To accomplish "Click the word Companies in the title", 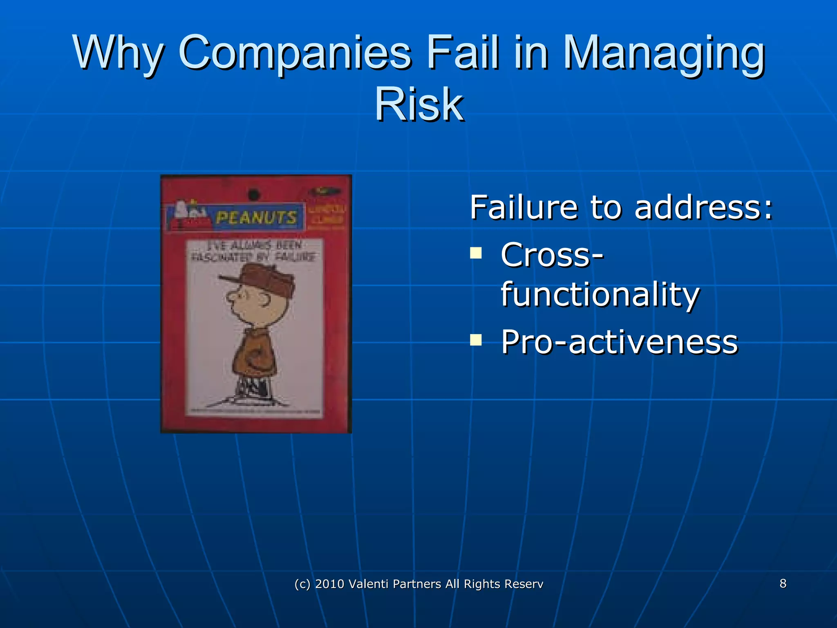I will (x=295, y=53).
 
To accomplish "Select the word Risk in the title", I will (x=419, y=105).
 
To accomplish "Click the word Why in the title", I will (x=119, y=53).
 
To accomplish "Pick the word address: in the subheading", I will (x=703, y=207).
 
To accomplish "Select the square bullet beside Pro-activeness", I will (x=476, y=340).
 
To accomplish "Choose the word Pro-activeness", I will (x=619, y=342).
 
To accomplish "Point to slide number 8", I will (x=783, y=583).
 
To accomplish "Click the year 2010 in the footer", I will (x=329, y=584).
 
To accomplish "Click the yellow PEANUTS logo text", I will (x=256, y=217).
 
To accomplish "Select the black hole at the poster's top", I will (x=254, y=195).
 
